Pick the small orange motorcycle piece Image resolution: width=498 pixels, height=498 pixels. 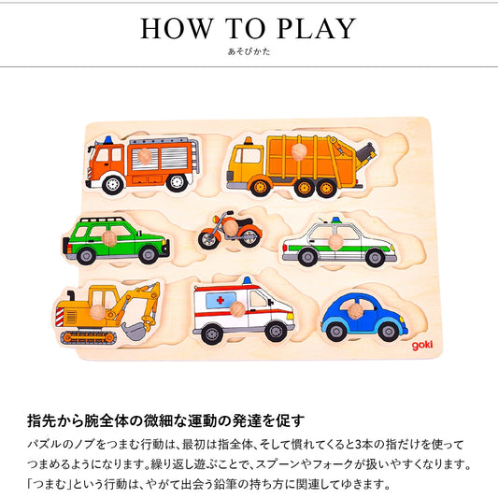tap(229, 231)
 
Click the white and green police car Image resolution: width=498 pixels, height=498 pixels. tap(338, 243)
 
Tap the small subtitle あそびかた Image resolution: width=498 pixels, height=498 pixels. tap(249, 52)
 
